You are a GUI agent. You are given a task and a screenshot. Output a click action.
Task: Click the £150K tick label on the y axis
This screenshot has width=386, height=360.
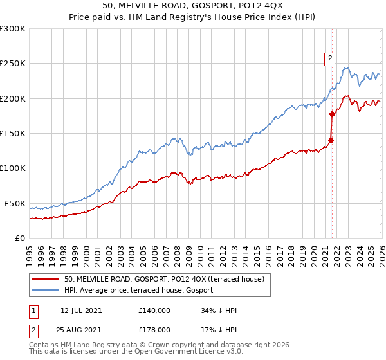tap(13, 133)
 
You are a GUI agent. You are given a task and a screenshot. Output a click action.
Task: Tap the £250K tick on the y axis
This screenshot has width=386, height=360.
tap(13, 64)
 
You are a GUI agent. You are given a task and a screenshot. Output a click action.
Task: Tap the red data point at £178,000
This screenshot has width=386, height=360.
tap(333, 114)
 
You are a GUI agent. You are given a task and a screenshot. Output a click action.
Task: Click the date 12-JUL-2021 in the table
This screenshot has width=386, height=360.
tap(81, 310)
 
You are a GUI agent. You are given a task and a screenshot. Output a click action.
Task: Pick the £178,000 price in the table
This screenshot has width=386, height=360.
tap(154, 329)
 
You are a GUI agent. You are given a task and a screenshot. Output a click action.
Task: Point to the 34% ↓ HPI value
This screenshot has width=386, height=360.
tap(219, 310)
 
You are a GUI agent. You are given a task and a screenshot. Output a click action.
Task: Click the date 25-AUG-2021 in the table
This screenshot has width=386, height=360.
tap(81, 329)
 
